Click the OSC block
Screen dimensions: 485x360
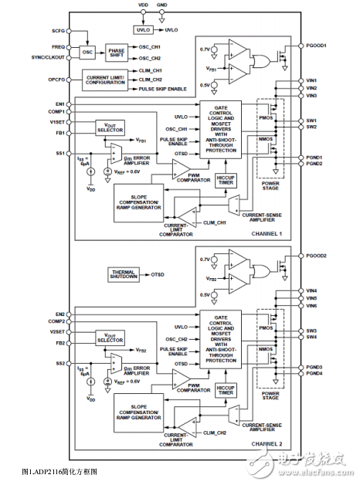click(x=87, y=51)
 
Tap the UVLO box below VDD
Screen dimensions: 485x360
click(x=143, y=29)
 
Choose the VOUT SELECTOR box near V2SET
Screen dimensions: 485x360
click(x=109, y=337)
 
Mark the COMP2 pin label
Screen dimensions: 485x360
click(x=56, y=321)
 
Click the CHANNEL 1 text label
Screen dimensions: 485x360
click(x=266, y=233)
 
